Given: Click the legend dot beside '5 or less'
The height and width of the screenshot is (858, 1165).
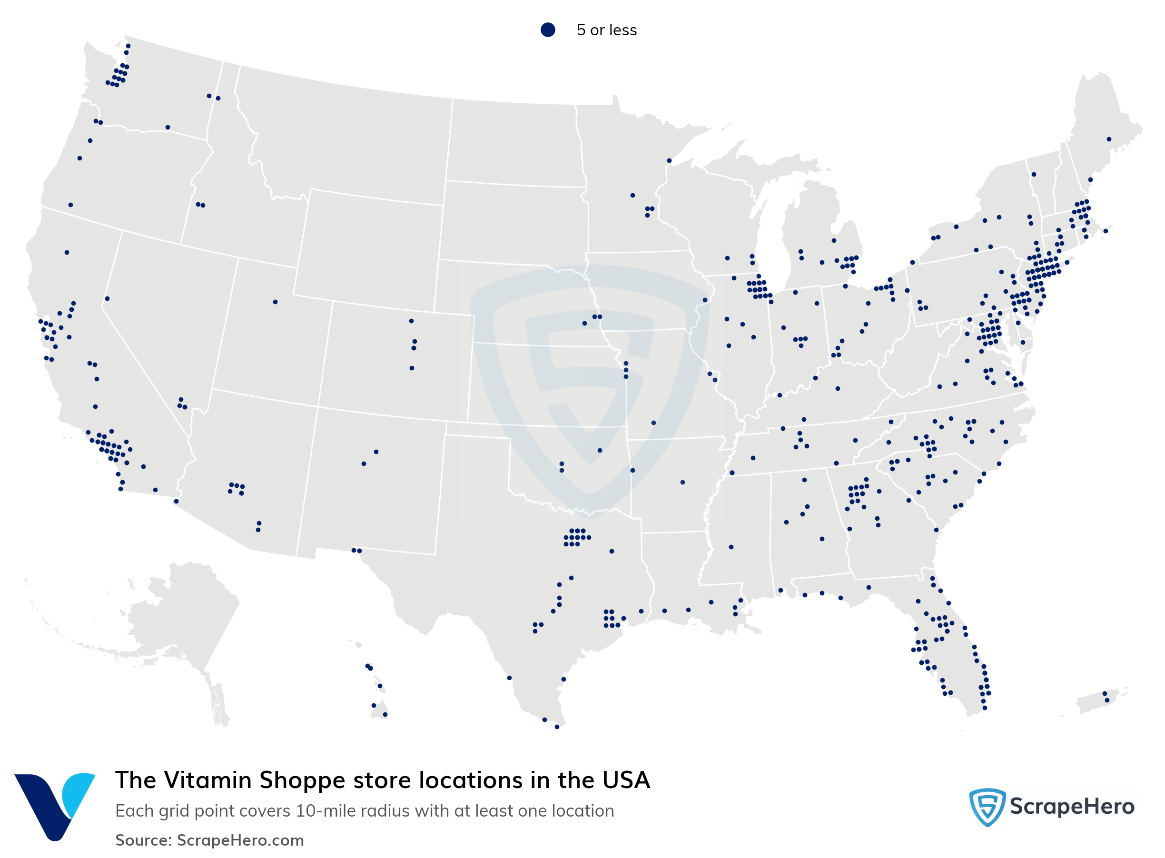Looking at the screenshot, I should click(547, 30).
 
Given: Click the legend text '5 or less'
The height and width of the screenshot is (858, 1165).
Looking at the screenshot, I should click(606, 30).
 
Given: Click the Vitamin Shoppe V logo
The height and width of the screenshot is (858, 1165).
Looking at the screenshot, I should click(54, 806).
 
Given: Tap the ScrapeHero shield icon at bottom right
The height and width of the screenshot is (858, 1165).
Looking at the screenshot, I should click(987, 807).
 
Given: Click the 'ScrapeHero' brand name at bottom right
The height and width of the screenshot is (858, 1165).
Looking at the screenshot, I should click(1072, 807).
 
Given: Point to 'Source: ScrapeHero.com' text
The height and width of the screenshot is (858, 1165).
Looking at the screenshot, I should click(209, 840).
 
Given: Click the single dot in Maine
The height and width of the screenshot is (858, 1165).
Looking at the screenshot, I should click(1108, 139).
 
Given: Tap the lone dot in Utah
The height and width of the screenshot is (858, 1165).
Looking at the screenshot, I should click(275, 302).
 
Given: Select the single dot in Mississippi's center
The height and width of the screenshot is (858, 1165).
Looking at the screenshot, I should click(731, 547).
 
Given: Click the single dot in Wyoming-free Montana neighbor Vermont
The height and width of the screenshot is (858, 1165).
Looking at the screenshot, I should click(1033, 175).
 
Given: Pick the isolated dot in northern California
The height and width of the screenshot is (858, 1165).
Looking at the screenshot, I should click(67, 252).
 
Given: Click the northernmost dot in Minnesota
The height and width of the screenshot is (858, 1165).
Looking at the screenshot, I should click(669, 161).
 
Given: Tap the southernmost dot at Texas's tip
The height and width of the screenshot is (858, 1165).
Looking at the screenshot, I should click(557, 727).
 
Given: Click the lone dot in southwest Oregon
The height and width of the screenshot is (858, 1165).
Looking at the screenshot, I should click(70, 205).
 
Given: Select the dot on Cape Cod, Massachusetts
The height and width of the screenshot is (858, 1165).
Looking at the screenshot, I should click(1105, 231).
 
